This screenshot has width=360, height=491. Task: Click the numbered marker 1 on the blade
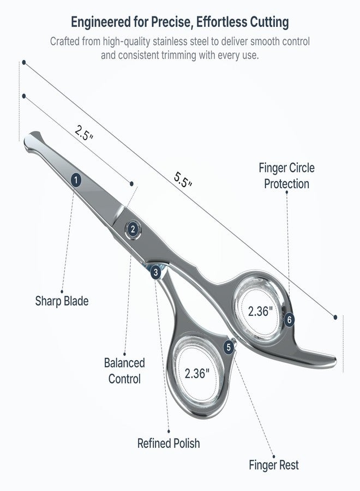pos(76,180)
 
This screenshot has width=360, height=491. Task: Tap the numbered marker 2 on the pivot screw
pos(133,230)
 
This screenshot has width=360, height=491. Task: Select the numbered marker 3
pos(155,272)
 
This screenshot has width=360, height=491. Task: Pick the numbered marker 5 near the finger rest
pos(229,347)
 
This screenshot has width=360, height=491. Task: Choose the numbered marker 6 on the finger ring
pos(289,320)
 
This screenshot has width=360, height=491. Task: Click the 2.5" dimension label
pos(84,133)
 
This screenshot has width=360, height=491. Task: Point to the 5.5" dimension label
pos(183,179)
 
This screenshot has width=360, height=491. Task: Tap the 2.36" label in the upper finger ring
pos(260,311)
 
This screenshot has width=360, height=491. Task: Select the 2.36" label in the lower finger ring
pos(197,373)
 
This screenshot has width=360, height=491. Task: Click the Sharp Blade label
pos(62,301)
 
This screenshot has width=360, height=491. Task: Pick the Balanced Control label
pos(124,371)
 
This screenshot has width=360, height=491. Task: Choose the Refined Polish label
pos(169,443)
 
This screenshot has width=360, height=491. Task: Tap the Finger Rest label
pos(274,465)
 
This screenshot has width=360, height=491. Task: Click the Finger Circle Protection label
pos(286,176)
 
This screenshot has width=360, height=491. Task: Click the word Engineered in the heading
pos(101,22)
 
